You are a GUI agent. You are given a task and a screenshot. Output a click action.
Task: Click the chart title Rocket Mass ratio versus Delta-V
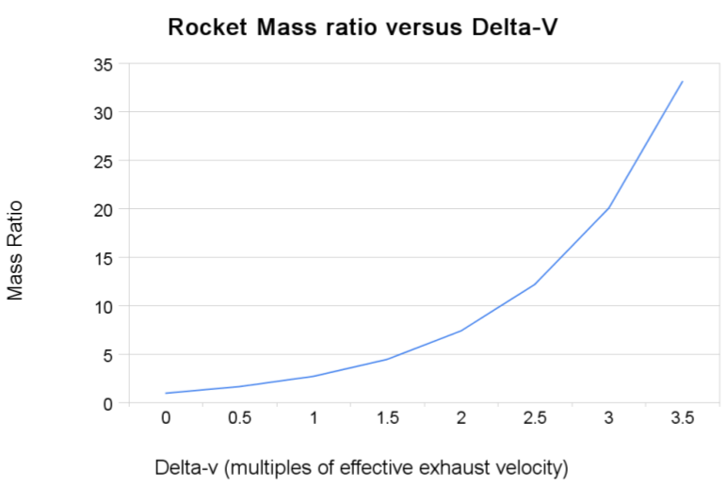(x=363, y=27)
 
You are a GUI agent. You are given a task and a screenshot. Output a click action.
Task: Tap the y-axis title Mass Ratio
(x=15, y=249)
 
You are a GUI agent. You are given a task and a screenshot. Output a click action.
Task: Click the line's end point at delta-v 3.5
(x=683, y=82)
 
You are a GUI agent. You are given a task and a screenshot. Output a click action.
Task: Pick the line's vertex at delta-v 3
(x=608, y=208)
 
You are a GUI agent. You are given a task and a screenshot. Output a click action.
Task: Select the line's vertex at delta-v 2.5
(x=535, y=284)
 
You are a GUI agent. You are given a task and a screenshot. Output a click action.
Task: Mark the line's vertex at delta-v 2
(x=460, y=331)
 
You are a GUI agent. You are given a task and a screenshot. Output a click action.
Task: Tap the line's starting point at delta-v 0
(x=166, y=393)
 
